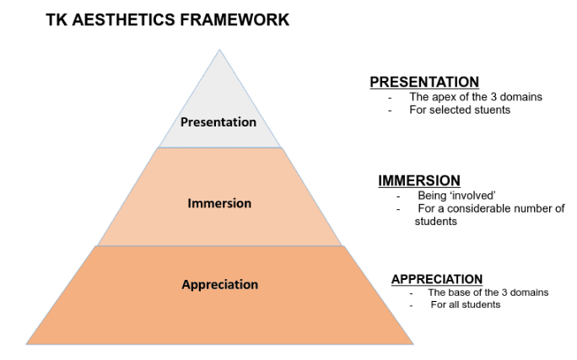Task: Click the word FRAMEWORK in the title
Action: (x=235, y=20)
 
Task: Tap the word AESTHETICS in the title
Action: (x=124, y=20)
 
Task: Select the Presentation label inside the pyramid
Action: (x=218, y=122)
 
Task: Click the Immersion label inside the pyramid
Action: (x=219, y=203)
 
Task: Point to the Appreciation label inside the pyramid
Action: (x=219, y=285)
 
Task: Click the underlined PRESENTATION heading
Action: (x=424, y=82)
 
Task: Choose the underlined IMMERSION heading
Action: (x=419, y=180)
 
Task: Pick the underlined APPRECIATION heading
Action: (x=437, y=279)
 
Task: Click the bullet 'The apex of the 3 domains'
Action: (x=476, y=97)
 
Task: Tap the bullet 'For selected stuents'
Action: (x=460, y=110)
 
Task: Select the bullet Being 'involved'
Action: (x=456, y=196)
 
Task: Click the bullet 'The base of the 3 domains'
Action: (x=488, y=293)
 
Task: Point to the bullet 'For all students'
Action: (x=466, y=304)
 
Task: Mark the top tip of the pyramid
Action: (x=219, y=50)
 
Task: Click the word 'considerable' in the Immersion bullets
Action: (x=479, y=208)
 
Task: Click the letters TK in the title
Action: (x=57, y=20)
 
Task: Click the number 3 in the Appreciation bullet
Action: (x=504, y=293)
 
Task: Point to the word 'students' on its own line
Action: (x=435, y=222)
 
